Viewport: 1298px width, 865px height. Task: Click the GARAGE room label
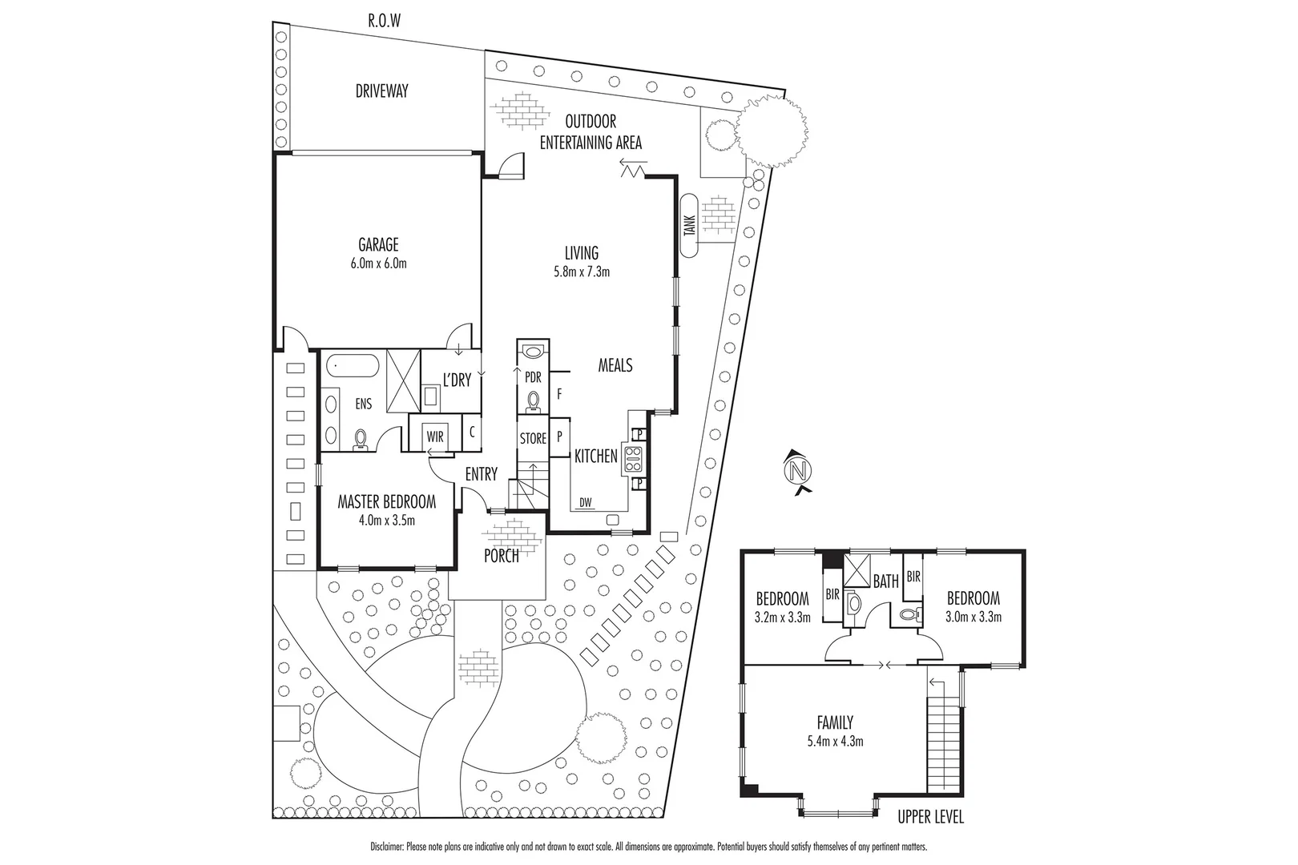pos(378,245)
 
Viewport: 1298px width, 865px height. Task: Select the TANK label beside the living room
pos(689,227)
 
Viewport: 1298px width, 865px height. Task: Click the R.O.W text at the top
pos(383,21)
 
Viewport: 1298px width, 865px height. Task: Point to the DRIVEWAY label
pos(381,91)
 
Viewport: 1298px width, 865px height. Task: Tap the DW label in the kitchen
pos(586,502)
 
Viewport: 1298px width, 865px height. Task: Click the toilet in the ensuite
pos(361,439)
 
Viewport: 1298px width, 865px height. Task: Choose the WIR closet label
pos(434,437)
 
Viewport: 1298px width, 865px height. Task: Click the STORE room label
pos(533,438)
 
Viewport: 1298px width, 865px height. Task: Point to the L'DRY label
pos(457,380)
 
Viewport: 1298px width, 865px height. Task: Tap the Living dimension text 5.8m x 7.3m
pos(582,272)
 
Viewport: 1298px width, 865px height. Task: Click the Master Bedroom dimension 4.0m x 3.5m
pos(387,519)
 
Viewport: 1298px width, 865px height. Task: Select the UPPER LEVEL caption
pos(930,817)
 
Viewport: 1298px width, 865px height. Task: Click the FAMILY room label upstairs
pos(835,722)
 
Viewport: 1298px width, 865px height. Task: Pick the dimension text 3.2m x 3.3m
pos(783,617)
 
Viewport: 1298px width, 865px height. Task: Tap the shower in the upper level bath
pos(856,572)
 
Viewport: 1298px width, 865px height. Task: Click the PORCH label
pos(502,556)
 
